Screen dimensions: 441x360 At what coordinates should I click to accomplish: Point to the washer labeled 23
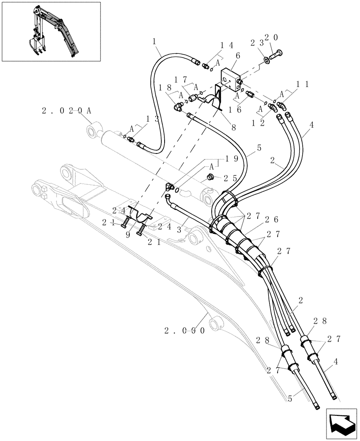[x=266, y=60]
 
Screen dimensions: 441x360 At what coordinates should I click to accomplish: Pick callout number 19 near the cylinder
[x=230, y=157]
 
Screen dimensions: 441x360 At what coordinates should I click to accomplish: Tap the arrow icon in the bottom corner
[x=342, y=422]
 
